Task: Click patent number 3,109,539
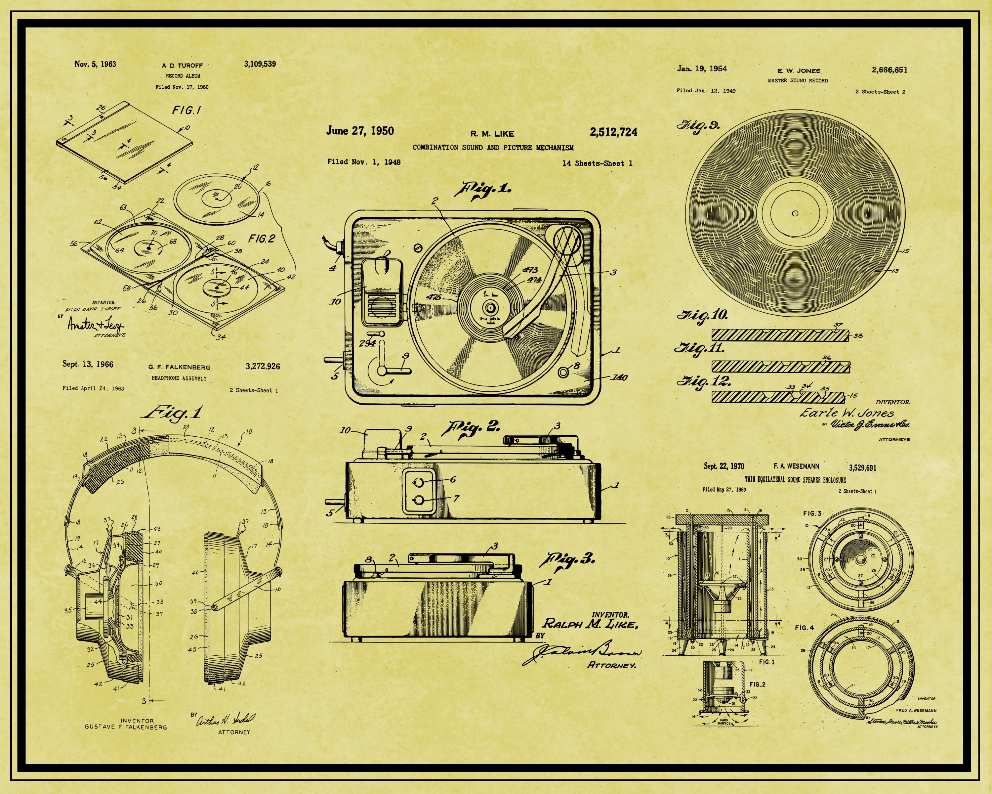coord(260,64)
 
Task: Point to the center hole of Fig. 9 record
coord(795,213)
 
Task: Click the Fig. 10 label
coord(702,315)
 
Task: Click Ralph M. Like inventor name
coord(590,624)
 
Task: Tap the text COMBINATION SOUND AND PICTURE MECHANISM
coord(493,148)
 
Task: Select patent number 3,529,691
coord(862,468)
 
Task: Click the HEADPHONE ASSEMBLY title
coord(179,378)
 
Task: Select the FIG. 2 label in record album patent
coord(261,239)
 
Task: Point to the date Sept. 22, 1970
coord(724,466)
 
